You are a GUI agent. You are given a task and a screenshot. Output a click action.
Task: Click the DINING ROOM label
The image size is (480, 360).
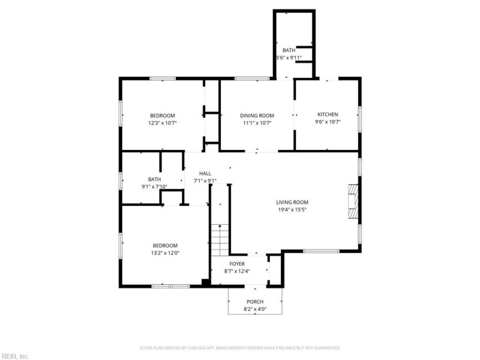point(257,115)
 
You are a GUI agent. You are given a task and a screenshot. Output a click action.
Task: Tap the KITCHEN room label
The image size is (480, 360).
point(328,115)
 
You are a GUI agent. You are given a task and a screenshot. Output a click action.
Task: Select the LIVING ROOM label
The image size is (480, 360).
point(292,202)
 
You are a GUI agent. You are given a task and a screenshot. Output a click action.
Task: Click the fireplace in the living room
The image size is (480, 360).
point(354,202)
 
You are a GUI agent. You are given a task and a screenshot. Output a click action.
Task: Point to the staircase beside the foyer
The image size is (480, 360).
point(220,239)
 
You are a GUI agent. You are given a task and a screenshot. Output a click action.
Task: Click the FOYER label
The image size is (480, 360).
point(237,264)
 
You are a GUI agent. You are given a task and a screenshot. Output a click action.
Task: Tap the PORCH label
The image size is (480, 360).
point(255,302)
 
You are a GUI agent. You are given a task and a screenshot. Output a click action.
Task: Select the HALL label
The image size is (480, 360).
point(205,173)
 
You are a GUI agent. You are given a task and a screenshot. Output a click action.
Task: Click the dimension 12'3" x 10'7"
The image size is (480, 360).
point(162,122)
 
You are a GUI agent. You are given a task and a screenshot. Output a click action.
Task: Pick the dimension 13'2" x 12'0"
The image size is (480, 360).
point(165,253)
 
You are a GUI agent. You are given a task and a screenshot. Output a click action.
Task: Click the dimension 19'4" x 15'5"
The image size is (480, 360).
point(292,209)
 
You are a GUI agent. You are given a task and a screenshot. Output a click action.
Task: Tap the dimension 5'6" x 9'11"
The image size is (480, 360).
point(289,58)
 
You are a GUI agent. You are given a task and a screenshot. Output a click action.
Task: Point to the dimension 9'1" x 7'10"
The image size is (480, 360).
point(154,187)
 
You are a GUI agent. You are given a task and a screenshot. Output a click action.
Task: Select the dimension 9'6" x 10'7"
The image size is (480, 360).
point(328,122)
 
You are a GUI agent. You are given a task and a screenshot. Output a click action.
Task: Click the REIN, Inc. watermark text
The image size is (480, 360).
point(14,356)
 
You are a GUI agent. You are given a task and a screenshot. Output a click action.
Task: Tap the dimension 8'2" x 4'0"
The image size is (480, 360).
point(255,309)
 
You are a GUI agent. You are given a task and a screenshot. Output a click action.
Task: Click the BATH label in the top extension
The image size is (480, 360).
point(289,50)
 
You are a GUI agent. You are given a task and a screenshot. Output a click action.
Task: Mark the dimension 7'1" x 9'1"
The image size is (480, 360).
point(205,181)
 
